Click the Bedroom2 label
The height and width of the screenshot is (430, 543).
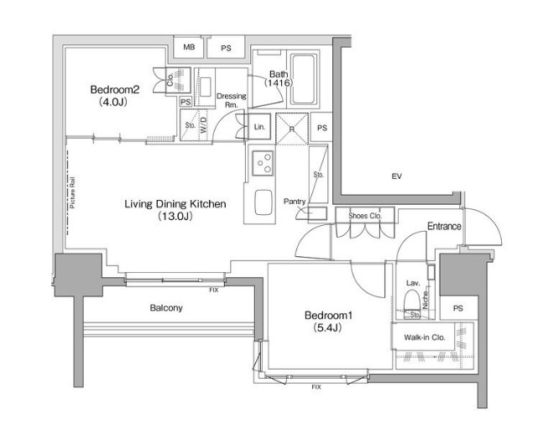(115, 90)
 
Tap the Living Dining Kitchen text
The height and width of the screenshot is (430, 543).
(175, 204)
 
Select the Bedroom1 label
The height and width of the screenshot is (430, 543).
(328, 315)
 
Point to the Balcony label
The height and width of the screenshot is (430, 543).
(166, 307)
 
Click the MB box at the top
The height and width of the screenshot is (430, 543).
(189, 47)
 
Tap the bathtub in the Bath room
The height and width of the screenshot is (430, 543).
(304, 79)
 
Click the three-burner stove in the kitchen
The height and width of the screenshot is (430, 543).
(263, 163)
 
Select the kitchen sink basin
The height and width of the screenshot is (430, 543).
(263, 202)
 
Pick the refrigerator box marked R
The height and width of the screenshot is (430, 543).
(291, 128)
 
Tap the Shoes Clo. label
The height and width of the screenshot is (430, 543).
(365, 216)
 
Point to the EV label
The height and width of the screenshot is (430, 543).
(396, 176)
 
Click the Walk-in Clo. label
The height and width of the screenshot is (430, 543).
(425, 337)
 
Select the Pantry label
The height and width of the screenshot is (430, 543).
(295, 202)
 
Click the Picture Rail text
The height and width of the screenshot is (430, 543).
(72, 192)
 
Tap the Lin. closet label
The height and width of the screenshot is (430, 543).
(259, 127)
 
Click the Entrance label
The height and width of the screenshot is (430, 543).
(444, 226)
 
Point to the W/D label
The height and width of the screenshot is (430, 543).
(203, 125)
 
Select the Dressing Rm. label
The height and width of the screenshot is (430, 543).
(232, 100)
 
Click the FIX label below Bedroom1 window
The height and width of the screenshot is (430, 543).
(316, 387)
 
